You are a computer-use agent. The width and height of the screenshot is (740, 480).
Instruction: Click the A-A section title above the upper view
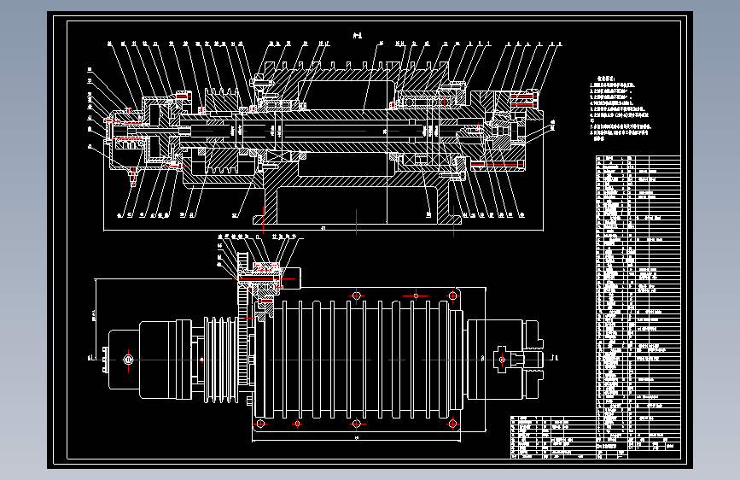[358, 36]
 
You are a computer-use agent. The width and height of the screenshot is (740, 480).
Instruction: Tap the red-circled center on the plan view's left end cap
[128, 359]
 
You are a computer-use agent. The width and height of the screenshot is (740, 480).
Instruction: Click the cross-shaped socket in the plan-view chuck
[503, 359]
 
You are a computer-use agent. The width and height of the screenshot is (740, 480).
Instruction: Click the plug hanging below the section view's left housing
[134, 178]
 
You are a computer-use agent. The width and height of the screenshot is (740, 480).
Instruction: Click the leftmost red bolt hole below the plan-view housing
[262, 424]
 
